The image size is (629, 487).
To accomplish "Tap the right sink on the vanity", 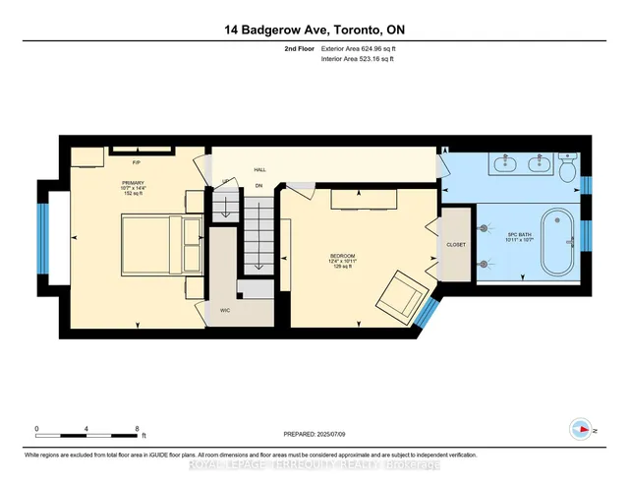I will coord(537,162).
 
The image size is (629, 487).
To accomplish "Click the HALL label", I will coord(259,169).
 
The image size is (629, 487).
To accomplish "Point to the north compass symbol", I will coord(580,429).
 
